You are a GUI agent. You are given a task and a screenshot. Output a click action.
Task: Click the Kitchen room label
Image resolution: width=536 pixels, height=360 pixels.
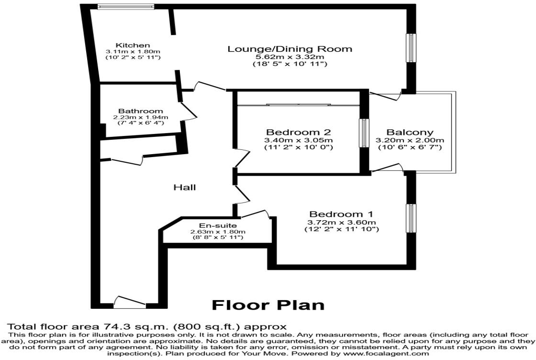[x=133, y=45]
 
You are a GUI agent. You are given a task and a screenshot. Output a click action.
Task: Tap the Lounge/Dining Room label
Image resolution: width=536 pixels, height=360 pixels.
[x=290, y=49]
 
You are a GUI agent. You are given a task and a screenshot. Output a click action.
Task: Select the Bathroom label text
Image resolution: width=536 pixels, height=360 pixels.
[x=141, y=111]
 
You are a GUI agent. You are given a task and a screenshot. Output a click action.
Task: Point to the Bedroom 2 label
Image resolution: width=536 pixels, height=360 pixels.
[x=299, y=132]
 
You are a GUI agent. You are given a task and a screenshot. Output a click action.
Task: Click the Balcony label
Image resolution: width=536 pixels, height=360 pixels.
[x=410, y=132]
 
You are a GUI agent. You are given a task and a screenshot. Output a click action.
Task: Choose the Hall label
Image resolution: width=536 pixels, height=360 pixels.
[x=185, y=187]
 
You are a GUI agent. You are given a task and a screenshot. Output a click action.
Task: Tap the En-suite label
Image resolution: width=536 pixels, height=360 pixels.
[x=218, y=225]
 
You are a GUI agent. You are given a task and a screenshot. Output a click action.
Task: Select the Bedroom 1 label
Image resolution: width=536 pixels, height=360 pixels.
[x=341, y=214]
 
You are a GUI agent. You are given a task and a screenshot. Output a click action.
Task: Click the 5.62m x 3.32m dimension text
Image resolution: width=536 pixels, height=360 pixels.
[x=290, y=57]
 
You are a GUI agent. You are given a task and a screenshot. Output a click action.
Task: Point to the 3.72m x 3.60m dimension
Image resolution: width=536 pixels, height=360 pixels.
[x=342, y=223]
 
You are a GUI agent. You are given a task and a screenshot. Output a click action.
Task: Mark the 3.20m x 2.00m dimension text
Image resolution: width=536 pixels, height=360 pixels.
[x=410, y=140]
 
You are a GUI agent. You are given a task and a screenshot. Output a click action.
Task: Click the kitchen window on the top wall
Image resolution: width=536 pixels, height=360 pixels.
[x=125, y=6]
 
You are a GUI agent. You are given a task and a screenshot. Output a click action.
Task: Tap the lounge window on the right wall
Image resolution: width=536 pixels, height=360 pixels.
[x=411, y=48]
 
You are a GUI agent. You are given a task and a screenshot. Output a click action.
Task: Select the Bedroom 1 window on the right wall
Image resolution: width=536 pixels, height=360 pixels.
[x=411, y=218]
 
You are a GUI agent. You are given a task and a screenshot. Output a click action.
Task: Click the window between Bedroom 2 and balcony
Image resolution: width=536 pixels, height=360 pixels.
[x=364, y=133]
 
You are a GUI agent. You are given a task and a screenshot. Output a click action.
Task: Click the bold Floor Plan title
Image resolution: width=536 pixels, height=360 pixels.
[x=268, y=305]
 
